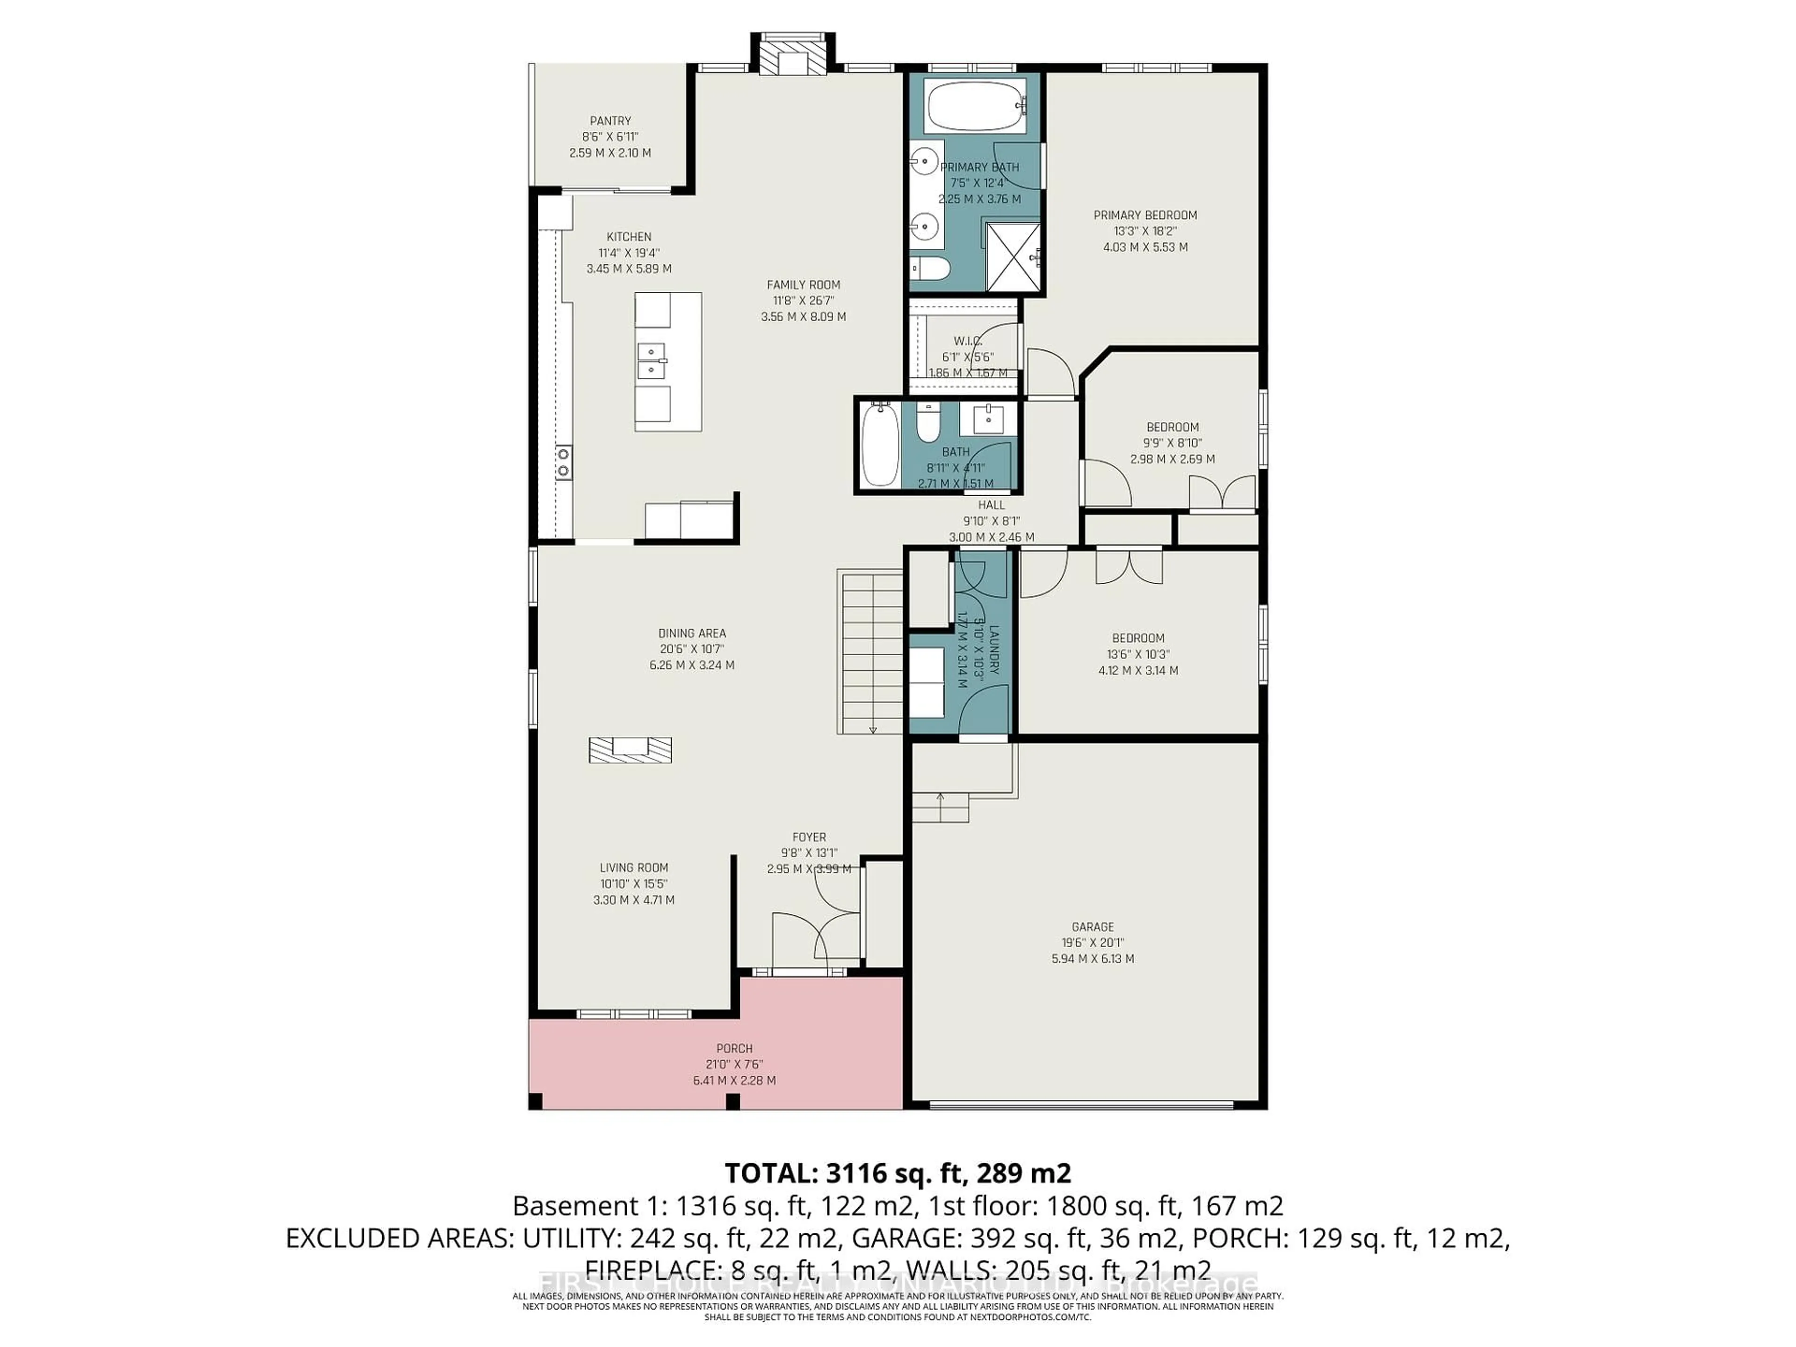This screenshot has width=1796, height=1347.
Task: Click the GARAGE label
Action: [x=1092, y=927]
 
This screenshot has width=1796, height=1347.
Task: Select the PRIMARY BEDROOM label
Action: [x=1145, y=215]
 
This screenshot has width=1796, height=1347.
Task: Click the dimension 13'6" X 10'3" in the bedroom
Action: [x=1138, y=654]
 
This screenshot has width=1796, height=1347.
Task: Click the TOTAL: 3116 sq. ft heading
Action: [x=897, y=1173]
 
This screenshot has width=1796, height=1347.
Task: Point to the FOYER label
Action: [x=809, y=837]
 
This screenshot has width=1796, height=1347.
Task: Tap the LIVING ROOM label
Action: [x=634, y=868]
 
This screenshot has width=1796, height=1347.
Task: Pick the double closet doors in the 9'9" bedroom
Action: [x=1222, y=493]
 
